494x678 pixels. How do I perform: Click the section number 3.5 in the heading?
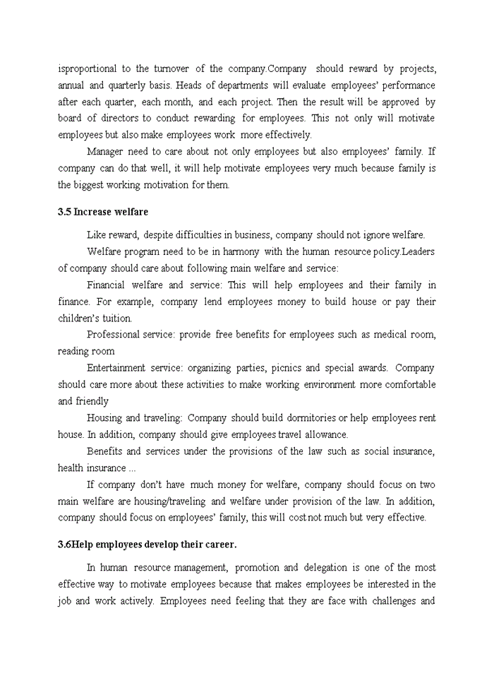click(64, 212)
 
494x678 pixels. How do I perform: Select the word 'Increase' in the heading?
click(93, 212)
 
